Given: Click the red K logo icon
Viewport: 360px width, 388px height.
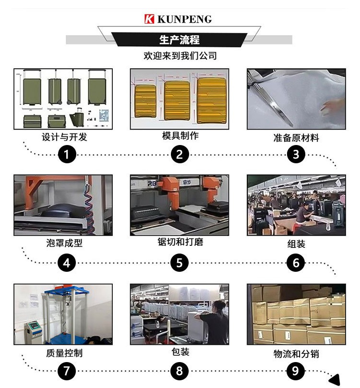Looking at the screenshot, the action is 149,19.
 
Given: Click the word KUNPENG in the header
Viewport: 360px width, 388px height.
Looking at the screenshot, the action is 184,19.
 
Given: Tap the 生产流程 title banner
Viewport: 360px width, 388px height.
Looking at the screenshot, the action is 179,39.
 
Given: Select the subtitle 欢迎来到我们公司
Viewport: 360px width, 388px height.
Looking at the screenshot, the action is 180,56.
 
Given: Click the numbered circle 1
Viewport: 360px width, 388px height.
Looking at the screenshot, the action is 67,154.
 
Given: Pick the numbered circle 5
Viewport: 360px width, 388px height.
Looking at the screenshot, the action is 180,263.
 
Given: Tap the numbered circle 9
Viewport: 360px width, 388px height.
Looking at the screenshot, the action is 296,371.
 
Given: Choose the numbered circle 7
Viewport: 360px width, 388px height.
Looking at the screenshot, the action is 67,371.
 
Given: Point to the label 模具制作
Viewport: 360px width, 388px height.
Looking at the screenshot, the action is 180,136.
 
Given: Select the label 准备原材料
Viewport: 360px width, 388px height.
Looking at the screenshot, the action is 296,138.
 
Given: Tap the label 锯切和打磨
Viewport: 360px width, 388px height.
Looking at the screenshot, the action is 180,242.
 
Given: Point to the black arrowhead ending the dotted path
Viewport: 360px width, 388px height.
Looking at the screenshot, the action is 334,378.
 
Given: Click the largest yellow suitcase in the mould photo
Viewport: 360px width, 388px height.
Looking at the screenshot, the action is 212,99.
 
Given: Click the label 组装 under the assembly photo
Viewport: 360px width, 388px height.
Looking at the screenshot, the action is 296,244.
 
